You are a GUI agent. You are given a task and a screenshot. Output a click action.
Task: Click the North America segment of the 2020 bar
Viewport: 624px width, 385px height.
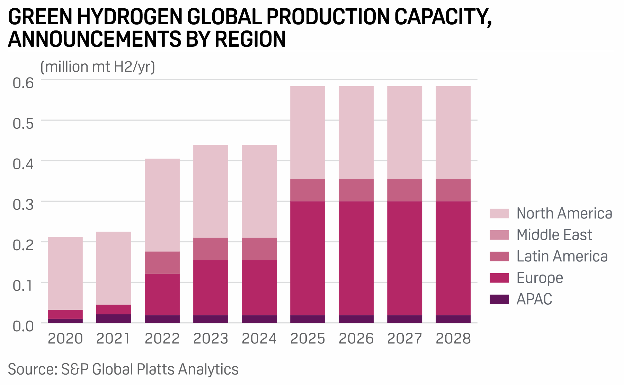(65, 273)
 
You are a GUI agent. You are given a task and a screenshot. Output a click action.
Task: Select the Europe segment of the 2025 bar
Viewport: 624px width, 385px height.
(307, 258)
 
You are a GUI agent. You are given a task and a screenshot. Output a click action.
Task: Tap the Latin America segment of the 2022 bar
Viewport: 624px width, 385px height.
(162, 262)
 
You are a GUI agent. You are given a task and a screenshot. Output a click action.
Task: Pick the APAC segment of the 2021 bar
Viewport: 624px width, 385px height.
(114, 319)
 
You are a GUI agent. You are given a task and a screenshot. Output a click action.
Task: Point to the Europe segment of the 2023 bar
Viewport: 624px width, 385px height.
(211, 287)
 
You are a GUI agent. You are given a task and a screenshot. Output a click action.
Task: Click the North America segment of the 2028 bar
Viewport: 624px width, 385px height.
(453, 132)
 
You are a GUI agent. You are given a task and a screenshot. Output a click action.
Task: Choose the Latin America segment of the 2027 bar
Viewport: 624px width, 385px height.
(404, 190)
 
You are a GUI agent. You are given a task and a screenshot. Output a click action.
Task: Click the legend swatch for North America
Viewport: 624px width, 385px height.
(499, 214)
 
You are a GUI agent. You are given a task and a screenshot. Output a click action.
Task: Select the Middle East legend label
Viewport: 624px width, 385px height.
(554, 235)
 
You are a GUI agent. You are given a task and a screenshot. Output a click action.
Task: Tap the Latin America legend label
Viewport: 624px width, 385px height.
(562, 257)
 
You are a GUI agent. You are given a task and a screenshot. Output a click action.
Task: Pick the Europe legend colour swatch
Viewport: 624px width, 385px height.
(499, 278)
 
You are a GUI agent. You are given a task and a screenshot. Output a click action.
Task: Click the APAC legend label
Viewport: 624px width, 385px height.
(534, 299)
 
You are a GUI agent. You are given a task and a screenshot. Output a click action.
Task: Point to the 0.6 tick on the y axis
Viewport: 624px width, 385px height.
(23, 83)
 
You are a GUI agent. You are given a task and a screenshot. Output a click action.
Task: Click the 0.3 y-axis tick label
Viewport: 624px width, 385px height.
(23, 204)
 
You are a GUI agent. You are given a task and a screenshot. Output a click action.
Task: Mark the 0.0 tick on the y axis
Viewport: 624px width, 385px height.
(23, 326)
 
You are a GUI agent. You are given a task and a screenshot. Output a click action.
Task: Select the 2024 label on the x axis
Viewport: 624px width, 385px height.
(259, 339)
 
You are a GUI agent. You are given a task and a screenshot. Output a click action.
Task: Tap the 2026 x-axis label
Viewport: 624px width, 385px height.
(356, 339)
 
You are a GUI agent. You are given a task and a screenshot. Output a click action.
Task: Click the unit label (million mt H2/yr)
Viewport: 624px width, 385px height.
(98, 67)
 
